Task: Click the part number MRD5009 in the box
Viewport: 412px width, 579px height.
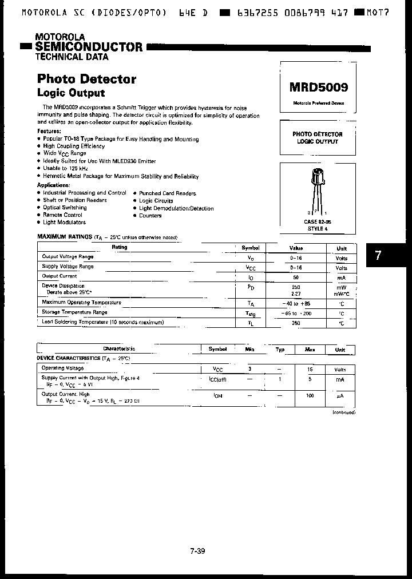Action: [318, 88]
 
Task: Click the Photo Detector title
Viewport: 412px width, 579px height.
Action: [86, 79]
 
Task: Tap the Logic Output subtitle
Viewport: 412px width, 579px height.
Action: [71, 93]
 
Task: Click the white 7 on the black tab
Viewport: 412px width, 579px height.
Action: [378, 256]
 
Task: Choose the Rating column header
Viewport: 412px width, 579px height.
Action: [120, 247]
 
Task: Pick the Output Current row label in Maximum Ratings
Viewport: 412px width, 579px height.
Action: [60, 276]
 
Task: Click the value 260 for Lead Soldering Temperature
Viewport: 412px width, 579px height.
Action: [296, 323]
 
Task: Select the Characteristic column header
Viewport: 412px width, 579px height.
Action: [119, 348]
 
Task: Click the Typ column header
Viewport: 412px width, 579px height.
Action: [280, 349]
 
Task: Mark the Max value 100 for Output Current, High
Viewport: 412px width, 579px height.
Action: [310, 396]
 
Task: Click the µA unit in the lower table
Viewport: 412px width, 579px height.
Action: [340, 396]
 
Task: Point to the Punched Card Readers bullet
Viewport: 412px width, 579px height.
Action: [167, 193]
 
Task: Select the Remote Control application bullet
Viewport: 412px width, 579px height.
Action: [62, 215]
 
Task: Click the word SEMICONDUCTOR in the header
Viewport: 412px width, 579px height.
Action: [88, 46]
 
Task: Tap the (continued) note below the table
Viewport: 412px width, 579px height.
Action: [343, 412]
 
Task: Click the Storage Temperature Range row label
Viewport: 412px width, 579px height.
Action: [74, 312]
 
